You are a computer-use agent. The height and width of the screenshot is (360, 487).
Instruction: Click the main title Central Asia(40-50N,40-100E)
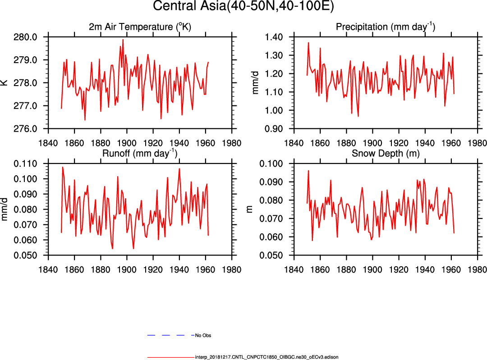(243, 7)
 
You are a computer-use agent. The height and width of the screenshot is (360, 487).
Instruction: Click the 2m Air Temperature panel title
(140, 27)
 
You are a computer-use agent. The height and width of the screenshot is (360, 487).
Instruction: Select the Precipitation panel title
(385, 27)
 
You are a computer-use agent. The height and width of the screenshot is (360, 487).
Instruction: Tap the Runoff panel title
(140, 154)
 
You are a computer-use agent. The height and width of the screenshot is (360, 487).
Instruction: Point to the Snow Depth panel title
(385, 154)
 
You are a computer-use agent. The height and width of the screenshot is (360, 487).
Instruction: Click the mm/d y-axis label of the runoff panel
(5, 210)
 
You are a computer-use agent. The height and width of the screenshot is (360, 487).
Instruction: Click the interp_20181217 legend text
(266, 357)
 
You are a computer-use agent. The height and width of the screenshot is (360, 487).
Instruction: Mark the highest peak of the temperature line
(123, 40)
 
